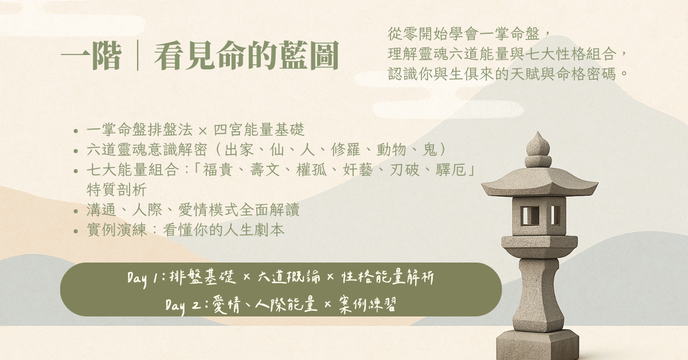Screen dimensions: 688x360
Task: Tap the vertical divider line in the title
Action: coord(138,55)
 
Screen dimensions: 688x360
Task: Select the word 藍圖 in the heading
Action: coord(309,56)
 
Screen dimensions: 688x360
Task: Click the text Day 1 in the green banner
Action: coord(143,278)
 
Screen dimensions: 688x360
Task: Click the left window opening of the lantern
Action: coord(530,215)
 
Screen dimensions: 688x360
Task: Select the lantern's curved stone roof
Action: coord(540,182)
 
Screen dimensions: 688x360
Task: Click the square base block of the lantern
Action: coord(538,345)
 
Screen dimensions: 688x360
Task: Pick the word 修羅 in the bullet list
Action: coord(345,150)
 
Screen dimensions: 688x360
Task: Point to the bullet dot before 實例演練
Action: coord(76,231)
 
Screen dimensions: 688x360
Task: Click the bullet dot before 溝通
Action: coord(76,212)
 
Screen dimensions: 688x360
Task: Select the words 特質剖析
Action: coord(116,190)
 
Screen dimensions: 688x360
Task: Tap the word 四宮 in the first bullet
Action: coord(228,130)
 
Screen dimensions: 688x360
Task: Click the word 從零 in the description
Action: coord(402,34)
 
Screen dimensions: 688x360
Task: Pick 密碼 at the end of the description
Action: coord(601,74)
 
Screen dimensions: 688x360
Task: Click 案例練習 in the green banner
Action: coord(368,305)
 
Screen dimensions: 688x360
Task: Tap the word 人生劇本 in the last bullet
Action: coord(254,230)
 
